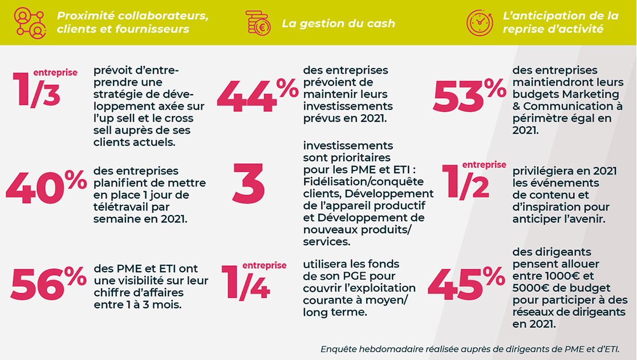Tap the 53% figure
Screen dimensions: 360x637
coord(469,95)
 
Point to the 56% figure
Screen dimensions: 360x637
coord(48,284)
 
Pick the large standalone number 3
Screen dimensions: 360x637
coord(249,185)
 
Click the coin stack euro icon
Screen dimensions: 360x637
coord(258,23)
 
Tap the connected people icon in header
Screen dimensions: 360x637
coord(30,22)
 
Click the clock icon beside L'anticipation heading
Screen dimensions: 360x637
coord(480,23)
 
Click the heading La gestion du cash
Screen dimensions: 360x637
coord(338,23)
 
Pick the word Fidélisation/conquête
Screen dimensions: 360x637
coord(363,181)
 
